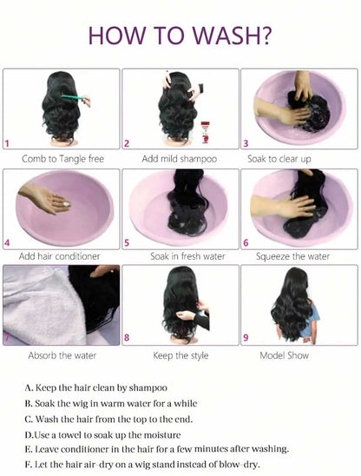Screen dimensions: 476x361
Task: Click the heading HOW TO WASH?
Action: pyautogui.click(x=180, y=36)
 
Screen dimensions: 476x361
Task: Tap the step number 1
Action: pyautogui.click(x=8, y=143)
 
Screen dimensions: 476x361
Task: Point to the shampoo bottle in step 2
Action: pyautogui.click(x=205, y=133)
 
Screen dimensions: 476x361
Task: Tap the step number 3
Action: pyautogui.click(x=246, y=143)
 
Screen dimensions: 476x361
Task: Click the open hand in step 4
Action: pyautogui.click(x=45, y=201)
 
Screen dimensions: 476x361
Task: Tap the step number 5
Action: pyautogui.click(x=128, y=242)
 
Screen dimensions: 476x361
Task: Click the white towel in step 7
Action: pyautogui.click(x=35, y=304)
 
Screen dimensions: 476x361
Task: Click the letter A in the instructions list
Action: pyautogui.click(x=30, y=387)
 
